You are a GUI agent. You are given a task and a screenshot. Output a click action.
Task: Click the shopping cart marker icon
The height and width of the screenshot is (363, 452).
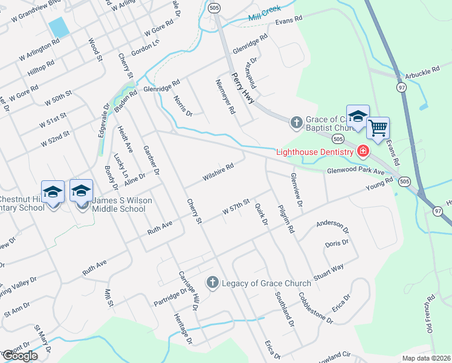coord(378,128)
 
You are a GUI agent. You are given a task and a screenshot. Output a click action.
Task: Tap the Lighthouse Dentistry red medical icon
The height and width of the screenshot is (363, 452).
coord(363,151)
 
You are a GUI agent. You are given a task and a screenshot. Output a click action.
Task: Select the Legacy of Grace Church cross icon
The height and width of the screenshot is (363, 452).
coord(212,283)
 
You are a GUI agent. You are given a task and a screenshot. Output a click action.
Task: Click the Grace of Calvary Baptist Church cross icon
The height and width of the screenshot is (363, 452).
coord(296,123)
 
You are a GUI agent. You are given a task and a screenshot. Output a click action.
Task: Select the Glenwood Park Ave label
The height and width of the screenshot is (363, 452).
coord(356,171)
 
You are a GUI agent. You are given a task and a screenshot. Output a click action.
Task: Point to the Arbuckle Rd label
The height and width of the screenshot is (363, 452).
coord(422,71)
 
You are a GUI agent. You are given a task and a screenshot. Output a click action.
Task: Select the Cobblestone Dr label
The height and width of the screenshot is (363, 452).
coord(315,308)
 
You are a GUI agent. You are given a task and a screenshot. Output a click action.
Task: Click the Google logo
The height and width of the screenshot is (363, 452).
coord(19,355)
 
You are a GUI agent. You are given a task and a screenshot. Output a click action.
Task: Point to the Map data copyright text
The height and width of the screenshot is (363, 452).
coord(427,358)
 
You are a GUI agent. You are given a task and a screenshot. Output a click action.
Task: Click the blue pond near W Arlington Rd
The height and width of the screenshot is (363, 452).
coord(58,27)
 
